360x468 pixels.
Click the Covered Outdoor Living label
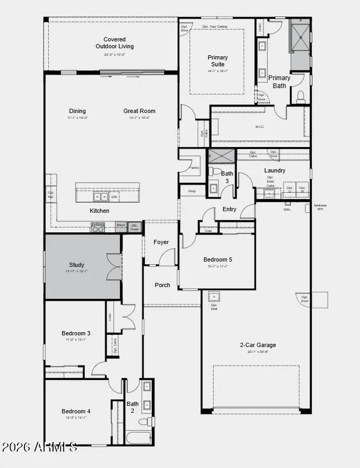[115, 43]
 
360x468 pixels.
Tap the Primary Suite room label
[217, 61]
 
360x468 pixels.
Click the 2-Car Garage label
[258, 345]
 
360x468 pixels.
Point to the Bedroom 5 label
[217, 260]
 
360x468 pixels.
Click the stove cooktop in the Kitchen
[98, 227]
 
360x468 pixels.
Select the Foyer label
[161, 242]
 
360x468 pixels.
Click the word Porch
[162, 285]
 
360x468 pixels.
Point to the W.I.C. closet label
[260, 127]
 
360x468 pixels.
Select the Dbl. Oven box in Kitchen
[135, 227]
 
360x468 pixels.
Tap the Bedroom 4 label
[76, 411]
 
